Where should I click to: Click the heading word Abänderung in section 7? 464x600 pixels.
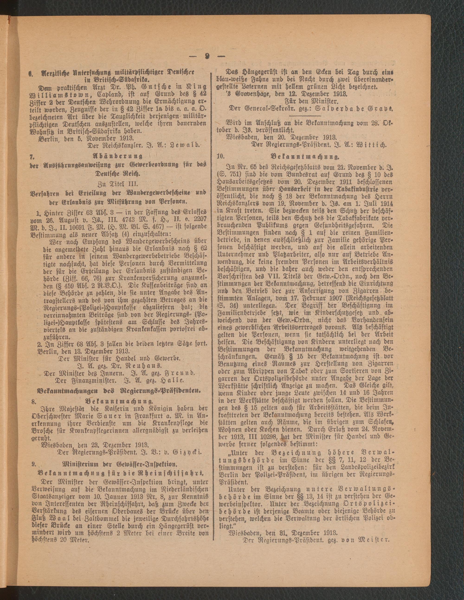tap(119, 157)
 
